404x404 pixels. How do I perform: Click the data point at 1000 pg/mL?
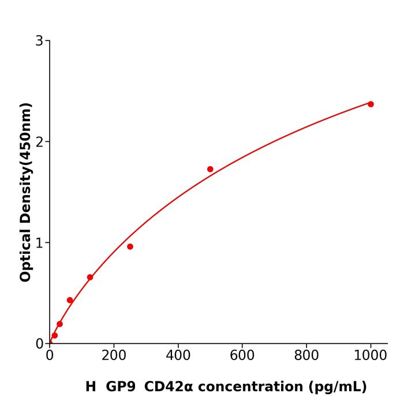371,104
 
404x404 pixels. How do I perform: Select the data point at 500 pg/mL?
210,169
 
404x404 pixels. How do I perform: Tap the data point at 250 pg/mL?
130,246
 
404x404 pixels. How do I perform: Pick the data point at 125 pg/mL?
90,277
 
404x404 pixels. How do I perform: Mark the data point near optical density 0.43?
70,300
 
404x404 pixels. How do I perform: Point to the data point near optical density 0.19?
59,324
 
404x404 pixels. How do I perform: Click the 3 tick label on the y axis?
39,41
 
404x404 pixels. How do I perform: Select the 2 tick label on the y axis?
39,142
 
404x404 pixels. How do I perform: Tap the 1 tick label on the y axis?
39,243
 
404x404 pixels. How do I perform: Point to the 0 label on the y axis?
39,344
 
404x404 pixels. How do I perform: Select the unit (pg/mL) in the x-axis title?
338,387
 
